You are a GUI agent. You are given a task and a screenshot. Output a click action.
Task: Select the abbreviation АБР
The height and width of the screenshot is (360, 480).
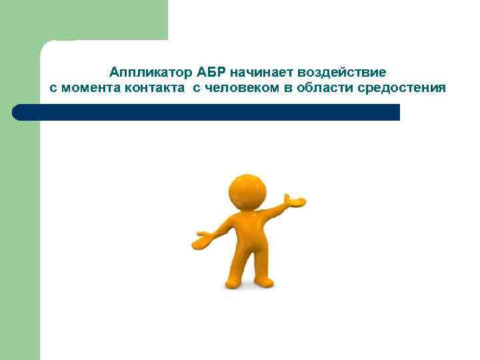pos(211,71)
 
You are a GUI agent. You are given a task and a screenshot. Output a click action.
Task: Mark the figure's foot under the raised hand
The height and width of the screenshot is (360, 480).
pos(265,282)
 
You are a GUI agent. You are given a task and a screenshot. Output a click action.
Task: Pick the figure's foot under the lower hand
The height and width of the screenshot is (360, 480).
pos(233,283)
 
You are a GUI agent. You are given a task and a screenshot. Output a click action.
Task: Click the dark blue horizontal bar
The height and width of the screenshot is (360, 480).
pos(207,112)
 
